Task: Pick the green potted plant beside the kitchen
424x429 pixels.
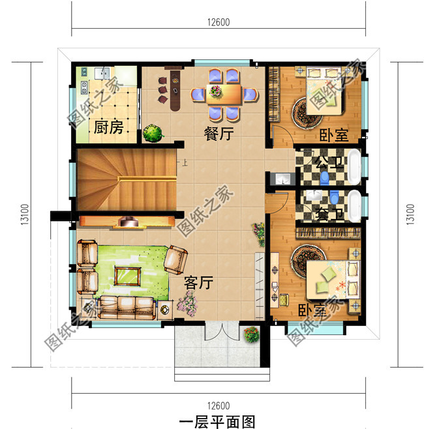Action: coord(153,134)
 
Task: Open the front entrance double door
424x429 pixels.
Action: coord(220,331)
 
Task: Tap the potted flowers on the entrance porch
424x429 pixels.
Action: coord(250,335)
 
